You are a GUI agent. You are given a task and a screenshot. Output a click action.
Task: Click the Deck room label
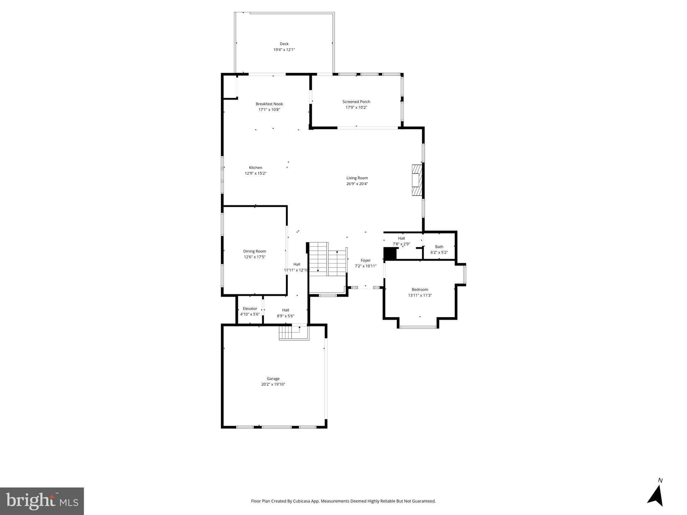[284, 44]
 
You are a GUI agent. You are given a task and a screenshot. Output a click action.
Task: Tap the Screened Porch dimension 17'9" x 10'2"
[356, 107]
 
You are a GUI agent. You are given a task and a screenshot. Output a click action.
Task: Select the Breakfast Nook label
[269, 104]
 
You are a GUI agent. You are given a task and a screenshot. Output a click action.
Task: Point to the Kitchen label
[255, 168]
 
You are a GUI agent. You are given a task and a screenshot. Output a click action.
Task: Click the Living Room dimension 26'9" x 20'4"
[357, 184]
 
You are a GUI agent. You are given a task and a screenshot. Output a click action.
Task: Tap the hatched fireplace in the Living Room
[416, 180]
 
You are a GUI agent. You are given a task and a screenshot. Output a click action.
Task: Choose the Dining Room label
[254, 251]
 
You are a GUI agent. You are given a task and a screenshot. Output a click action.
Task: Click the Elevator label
[250, 308]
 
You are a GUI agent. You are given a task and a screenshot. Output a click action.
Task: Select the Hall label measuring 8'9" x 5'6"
[285, 310]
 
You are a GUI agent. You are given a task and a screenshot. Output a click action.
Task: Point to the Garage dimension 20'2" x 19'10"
[273, 384]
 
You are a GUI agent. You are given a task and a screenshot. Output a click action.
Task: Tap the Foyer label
[365, 260]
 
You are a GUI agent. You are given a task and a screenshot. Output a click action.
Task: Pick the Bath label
[439, 247]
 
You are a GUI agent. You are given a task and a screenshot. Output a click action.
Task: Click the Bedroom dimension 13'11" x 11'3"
[420, 295]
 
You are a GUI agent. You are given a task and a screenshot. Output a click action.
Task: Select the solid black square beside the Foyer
[390, 253]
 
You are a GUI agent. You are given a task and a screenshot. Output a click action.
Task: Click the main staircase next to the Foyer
[327, 260]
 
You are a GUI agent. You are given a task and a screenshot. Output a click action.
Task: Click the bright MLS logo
[42, 501]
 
